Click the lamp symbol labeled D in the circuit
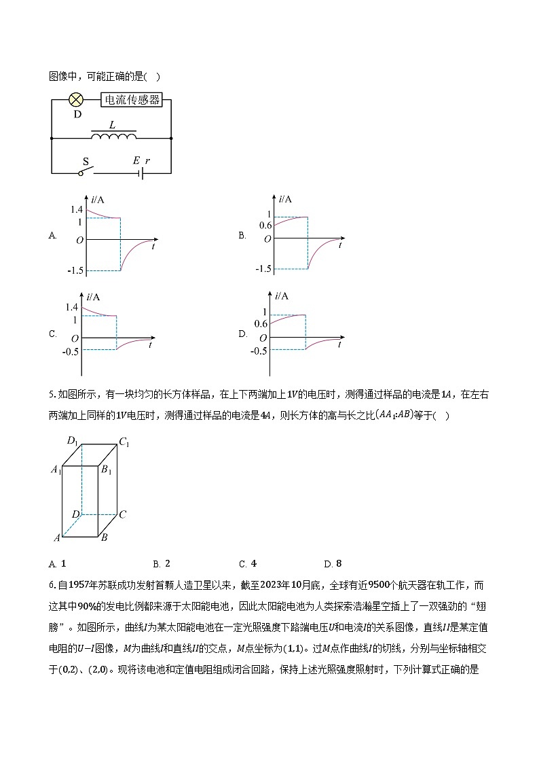point(77,100)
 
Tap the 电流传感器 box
point(132,100)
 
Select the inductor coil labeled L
point(113,137)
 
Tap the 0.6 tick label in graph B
point(265,226)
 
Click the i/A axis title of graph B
point(285,199)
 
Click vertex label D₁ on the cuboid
point(73,440)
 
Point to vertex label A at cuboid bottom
point(57,538)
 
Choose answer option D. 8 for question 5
point(333,563)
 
